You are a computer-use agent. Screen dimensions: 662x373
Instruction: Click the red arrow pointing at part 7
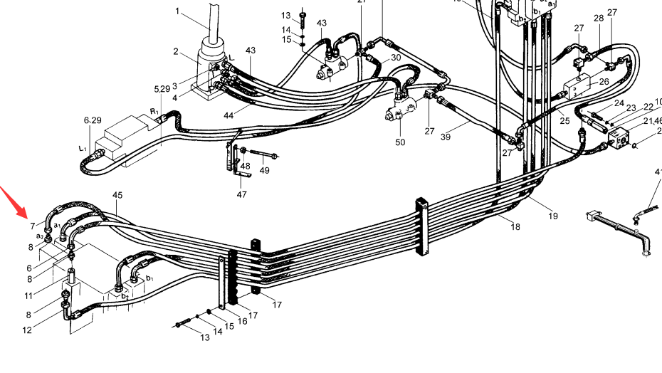coord(13,202)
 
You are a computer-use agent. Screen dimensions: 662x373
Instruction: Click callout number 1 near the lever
coord(177,11)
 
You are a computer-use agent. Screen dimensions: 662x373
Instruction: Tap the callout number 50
coord(400,142)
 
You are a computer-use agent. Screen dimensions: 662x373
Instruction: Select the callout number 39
coord(446,137)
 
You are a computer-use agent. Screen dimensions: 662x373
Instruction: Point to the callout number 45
coord(117,195)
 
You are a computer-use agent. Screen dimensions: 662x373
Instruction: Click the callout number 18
coord(515,227)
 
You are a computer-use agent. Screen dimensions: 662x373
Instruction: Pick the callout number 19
coord(552,216)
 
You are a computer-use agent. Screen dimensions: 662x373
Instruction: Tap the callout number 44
coord(228,115)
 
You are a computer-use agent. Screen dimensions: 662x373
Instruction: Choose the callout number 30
coord(396,58)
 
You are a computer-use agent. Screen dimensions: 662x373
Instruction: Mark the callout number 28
coord(599,19)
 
